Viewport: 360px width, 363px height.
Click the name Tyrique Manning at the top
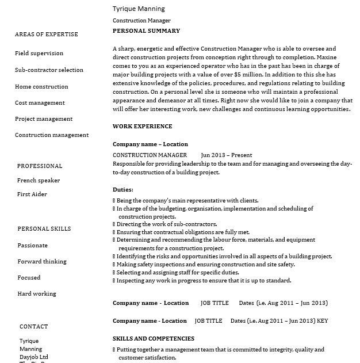click(x=139, y=9)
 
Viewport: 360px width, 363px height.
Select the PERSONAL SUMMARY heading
click(x=146, y=31)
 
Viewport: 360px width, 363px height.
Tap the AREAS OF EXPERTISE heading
click(x=46, y=35)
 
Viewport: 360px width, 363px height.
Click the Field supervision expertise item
click(x=39, y=54)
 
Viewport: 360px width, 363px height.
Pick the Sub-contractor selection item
click(x=49, y=70)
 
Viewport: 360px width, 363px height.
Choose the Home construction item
click(x=41, y=87)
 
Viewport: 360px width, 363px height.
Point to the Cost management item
click(x=40, y=103)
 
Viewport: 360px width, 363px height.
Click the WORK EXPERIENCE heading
click(x=142, y=127)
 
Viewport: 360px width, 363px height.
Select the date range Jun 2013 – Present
click(x=227, y=155)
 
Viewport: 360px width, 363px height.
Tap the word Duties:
click(x=122, y=190)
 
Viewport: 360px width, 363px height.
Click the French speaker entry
click(x=39, y=181)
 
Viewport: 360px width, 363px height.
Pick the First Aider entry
click(x=32, y=194)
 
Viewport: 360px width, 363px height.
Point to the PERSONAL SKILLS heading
click(x=44, y=229)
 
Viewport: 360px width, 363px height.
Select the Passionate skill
click(x=33, y=246)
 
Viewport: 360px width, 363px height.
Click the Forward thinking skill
click(x=42, y=262)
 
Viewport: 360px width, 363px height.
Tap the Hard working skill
click(x=37, y=294)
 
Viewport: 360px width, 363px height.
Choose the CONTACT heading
click(x=34, y=327)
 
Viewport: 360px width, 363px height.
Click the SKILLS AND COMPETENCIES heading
click(x=154, y=339)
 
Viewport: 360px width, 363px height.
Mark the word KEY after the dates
click(x=323, y=321)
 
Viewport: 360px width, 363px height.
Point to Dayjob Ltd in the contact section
click(x=34, y=357)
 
